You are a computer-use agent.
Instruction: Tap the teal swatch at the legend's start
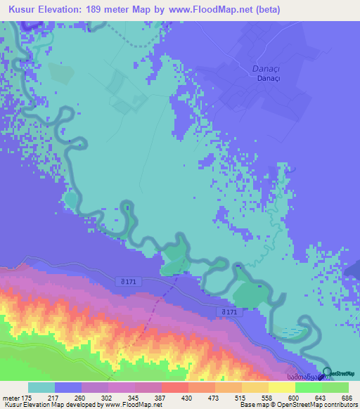pyautogui.click(x=41, y=387)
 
